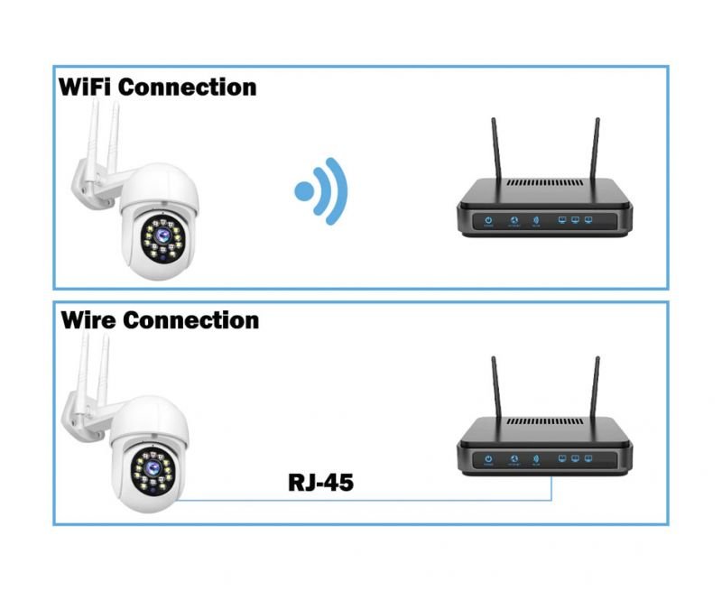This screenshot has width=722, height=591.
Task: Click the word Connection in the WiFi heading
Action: (188, 88)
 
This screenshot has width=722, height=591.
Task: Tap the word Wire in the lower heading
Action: (88, 320)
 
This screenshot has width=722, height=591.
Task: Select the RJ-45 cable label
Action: (320, 482)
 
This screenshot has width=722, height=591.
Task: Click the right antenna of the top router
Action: (596, 148)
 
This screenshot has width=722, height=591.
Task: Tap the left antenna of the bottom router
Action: (496, 388)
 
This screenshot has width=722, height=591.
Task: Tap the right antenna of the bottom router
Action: (596, 388)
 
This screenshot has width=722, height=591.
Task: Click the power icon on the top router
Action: (487, 219)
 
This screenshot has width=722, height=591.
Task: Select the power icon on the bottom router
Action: (487, 458)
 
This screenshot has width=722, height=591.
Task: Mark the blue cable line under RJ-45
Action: (361, 500)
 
